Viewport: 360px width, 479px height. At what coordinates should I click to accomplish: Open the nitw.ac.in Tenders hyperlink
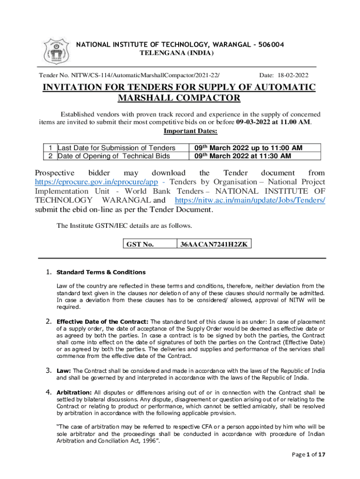click(x=250, y=200)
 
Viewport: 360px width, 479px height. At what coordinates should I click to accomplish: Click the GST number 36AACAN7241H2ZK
click(x=214, y=244)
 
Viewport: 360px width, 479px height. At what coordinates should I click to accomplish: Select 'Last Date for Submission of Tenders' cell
click(x=116, y=148)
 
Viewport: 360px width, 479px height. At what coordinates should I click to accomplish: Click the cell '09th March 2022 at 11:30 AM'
click(x=243, y=156)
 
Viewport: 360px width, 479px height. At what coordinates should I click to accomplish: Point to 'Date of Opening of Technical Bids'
click(x=114, y=156)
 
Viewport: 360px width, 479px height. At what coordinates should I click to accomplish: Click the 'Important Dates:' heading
click(x=180, y=131)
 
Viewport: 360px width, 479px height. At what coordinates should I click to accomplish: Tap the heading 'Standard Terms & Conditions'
click(x=101, y=272)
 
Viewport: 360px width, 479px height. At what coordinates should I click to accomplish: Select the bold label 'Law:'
click(x=64, y=371)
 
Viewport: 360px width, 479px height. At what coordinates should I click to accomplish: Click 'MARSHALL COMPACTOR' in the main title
click(x=180, y=98)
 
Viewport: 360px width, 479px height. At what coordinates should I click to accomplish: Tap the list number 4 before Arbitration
click(x=48, y=392)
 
